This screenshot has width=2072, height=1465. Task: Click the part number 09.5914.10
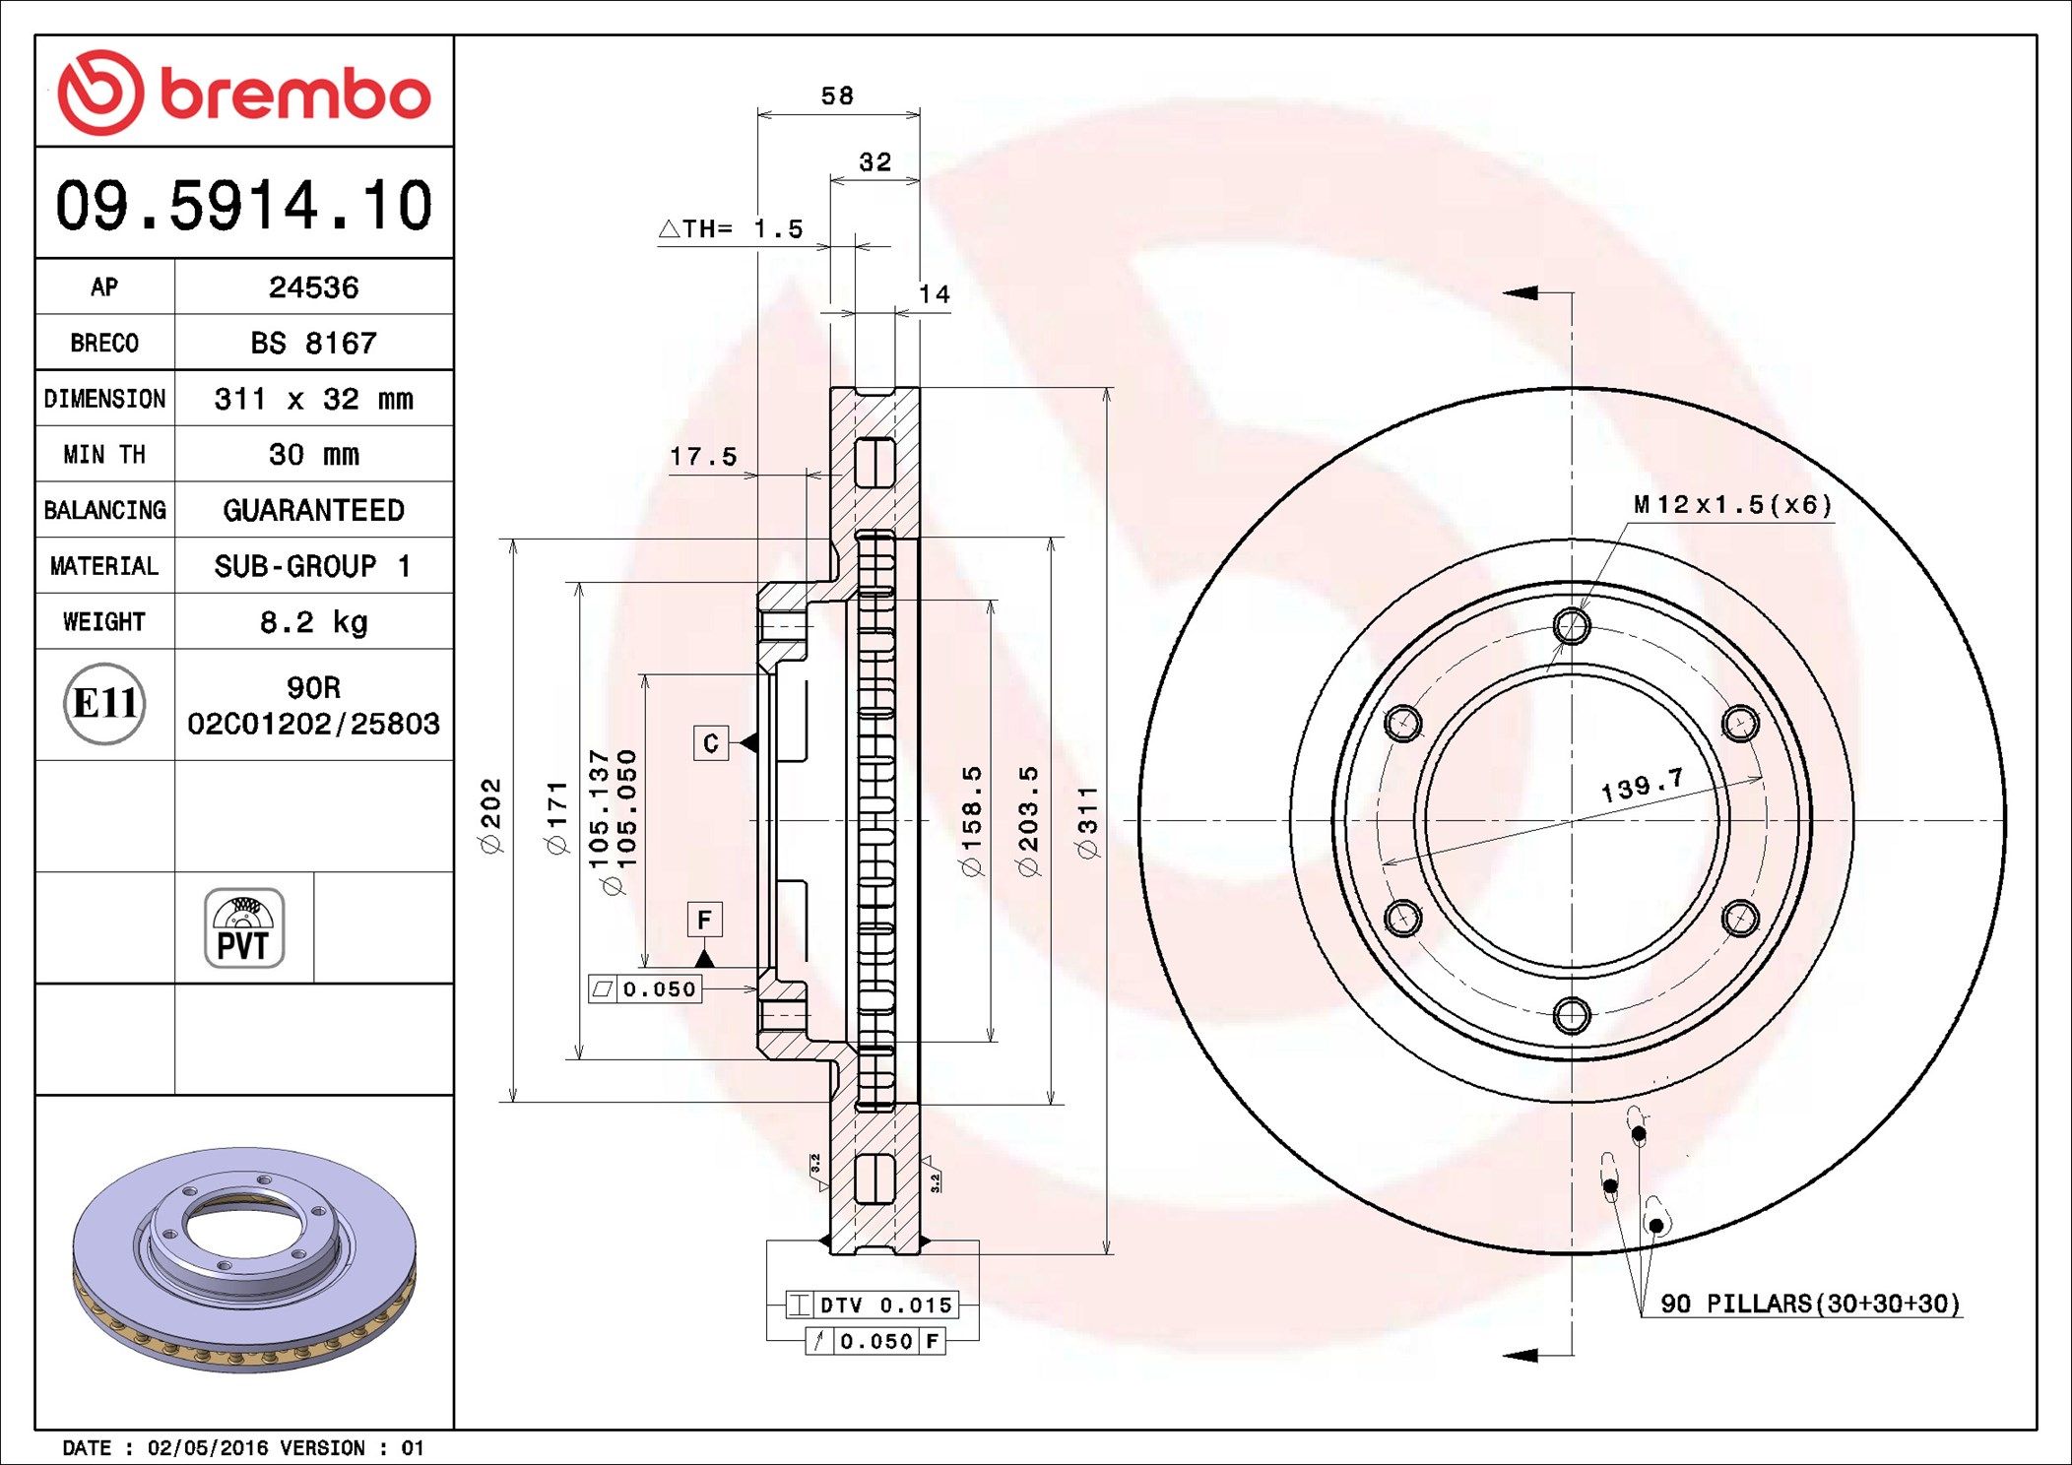coord(243,206)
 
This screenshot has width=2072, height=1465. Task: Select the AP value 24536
coord(313,287)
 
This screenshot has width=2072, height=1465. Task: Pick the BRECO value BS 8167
coord(313,344)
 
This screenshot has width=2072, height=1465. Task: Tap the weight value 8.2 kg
coord(313,622)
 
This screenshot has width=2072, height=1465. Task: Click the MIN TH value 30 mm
coord(313,455)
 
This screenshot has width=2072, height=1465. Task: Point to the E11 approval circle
coord(104,704)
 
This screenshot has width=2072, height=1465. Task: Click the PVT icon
coord(244,928)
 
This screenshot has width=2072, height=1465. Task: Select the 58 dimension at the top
coord(837,96)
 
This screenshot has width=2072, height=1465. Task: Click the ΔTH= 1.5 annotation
coord(731,229)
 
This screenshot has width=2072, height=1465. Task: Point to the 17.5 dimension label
coord(703,457)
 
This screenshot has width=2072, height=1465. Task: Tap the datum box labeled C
coord(711,743)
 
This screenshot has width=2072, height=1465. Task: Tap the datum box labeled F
coord(704,920)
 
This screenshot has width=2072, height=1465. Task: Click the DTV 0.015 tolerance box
coord(873,1306)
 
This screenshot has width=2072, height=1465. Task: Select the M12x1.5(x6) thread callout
coord(1732,505)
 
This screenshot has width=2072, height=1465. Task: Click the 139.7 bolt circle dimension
coord(1642,786)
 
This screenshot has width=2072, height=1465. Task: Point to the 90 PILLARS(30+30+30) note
coord(1809,1304)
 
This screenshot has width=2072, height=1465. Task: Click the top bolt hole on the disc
coord(1571,625)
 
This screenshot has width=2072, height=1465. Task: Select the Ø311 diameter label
coord(1087,822)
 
